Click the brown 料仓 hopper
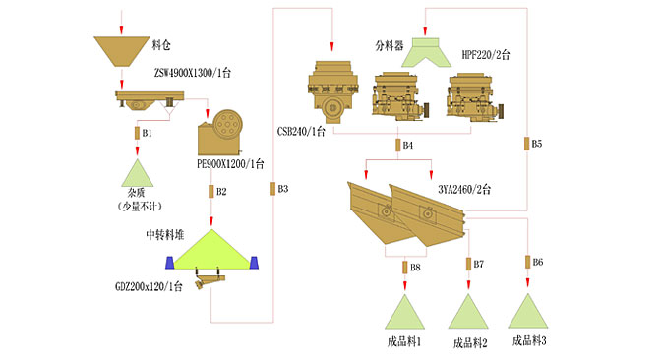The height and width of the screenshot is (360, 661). [x=121, y=50]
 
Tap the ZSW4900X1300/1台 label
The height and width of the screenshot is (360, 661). [x=193, y=73]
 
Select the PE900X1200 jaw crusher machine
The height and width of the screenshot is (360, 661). [x=220, y=133]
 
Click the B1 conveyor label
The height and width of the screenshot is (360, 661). [x=147, y=133]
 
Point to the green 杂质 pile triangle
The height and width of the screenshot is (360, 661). [x=138, y=174]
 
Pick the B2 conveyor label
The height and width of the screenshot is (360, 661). [x=221, y=192]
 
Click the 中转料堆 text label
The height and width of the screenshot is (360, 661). [x=165, y=235]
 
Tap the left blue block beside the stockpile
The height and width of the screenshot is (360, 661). [x=169, y=263]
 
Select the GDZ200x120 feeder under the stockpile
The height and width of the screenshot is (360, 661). [x=210, y=280]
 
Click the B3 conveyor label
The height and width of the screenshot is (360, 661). [x=283, y=189]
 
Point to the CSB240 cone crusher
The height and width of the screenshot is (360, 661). [x=333, y=91]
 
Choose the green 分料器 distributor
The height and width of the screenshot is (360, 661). [x=426, y=53]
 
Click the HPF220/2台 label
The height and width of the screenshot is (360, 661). [x=486, y=55]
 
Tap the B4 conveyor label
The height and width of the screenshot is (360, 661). [x=407, y=146]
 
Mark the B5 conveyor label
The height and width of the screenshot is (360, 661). [x=537, y=144]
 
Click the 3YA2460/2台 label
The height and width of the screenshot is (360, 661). [x=464, y=189]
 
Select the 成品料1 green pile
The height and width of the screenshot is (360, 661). [x=404, y=312]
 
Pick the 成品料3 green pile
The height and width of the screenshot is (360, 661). [x=528, y=311]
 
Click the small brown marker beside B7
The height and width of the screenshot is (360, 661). [x=468, y=264]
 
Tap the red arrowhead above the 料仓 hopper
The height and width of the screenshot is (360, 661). [x=121, y=30]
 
